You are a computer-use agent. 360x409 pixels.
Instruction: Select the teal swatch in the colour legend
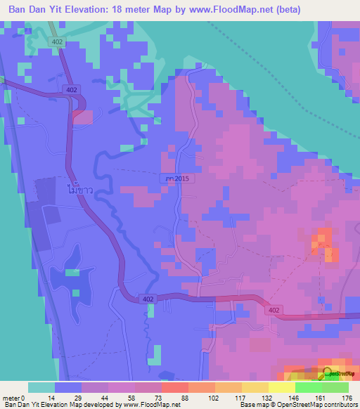41,387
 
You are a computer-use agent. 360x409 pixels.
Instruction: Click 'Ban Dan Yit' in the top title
34,9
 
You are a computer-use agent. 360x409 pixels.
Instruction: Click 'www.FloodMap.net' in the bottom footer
150,405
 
